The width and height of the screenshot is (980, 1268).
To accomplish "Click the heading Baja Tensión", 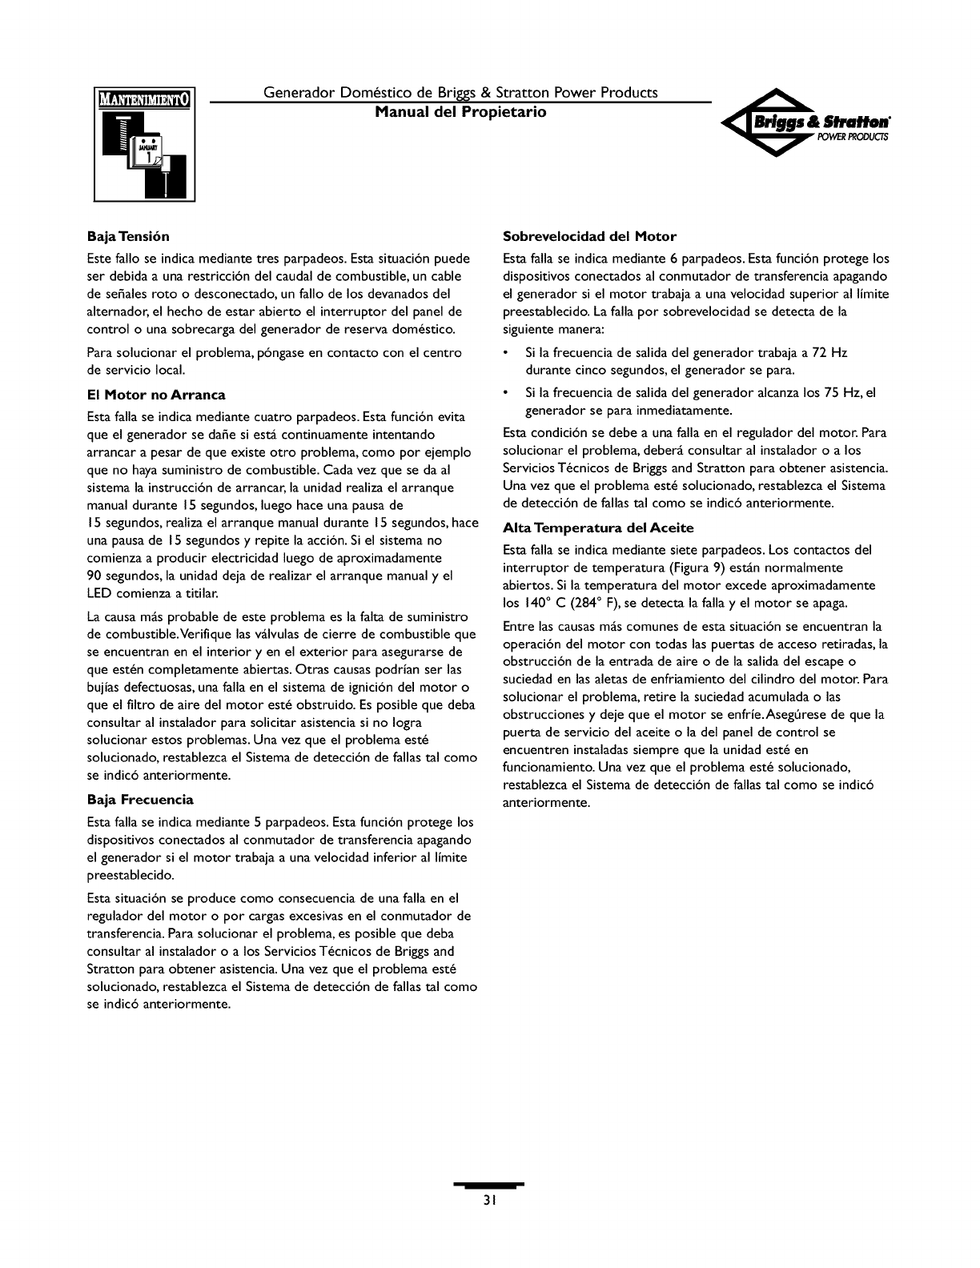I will click(x=128, y=237).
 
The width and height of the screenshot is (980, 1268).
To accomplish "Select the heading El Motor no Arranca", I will click(x=156, y=395).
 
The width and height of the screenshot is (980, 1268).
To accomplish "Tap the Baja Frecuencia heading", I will click(x=140, y=800).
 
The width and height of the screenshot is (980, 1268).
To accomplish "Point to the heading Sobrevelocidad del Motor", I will click(x=589, y=237).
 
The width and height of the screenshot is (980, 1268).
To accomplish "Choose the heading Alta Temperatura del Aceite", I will click(x=597, y=528).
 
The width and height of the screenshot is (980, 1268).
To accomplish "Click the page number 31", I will click(x=490, y=1201).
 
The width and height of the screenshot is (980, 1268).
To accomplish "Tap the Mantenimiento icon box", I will click(x=144, y=144).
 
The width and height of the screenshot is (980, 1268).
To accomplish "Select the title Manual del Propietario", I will click(x=461, y=112).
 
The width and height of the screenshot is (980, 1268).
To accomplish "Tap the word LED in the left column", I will click(x=98, y=594).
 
